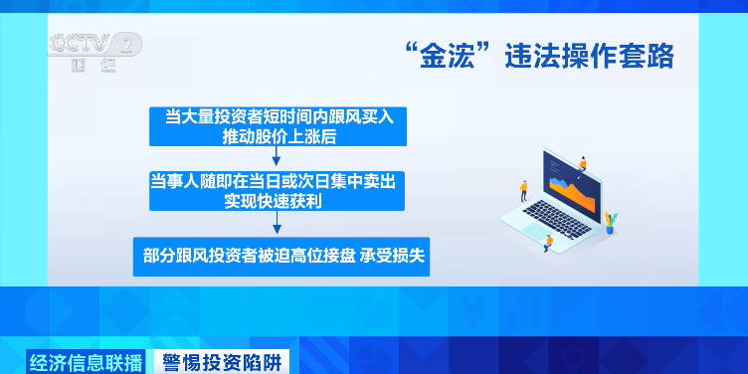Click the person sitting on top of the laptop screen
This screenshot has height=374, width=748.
(583, 161)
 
